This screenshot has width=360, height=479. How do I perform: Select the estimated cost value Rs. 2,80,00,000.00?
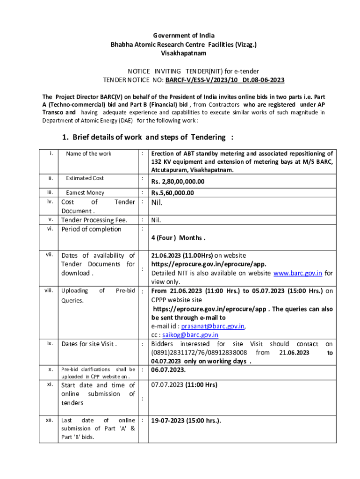(x=178, y=182)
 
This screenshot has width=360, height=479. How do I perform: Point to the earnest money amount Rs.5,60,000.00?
(x=173, y=193)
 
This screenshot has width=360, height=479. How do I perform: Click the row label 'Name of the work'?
(x=89, y=153)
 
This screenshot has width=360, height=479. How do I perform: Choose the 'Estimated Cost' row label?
(x=85, y=178)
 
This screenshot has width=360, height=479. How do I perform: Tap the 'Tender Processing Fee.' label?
(x=94, y=220)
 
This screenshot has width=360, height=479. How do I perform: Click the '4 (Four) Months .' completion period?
(x=178, y=238)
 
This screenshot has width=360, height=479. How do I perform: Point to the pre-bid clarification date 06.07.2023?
(x=168, y=370)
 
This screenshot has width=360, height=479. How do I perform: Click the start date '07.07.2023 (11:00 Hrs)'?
(x=184, y=385)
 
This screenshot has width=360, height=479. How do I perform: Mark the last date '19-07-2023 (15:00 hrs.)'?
(x=186, y=421)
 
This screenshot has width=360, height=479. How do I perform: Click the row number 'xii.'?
(x=49, y=420)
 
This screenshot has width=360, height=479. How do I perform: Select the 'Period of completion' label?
(x=91, y=229)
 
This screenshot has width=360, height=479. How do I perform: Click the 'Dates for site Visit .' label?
(x=89, y=344)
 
